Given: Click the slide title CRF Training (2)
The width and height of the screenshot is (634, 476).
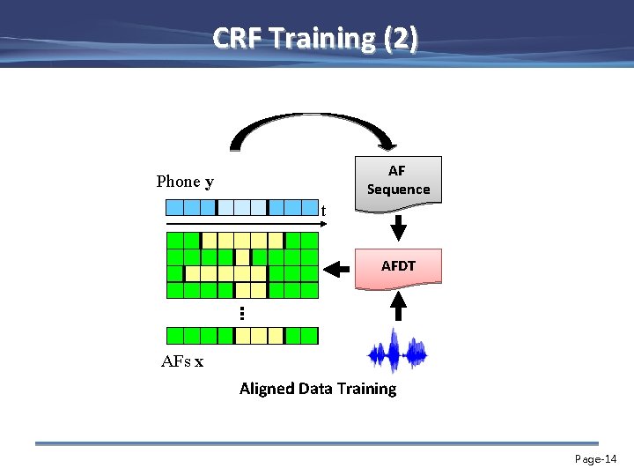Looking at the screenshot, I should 316,39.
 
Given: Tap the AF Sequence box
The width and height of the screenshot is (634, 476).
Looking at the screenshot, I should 398,181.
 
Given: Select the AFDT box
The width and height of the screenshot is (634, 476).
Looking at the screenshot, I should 398,265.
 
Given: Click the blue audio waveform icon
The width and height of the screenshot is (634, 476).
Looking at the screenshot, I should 398,353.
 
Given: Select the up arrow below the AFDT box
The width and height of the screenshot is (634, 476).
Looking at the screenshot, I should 398,305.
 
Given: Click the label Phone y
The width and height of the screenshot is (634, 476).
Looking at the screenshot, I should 185,182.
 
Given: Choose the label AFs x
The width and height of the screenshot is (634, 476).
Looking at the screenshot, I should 182,361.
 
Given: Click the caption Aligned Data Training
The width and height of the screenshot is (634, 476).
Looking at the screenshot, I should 318,389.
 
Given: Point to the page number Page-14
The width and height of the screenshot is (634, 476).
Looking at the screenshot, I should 596,459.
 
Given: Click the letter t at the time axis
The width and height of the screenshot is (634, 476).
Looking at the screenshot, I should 324,211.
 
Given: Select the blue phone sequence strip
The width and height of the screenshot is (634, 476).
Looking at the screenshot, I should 241,208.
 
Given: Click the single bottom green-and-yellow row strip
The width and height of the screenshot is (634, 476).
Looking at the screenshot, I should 241,335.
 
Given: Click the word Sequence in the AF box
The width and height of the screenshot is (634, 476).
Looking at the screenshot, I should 398,190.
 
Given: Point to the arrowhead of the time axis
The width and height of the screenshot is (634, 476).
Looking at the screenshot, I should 323,225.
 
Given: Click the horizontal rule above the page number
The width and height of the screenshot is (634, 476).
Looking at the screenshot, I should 316,443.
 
